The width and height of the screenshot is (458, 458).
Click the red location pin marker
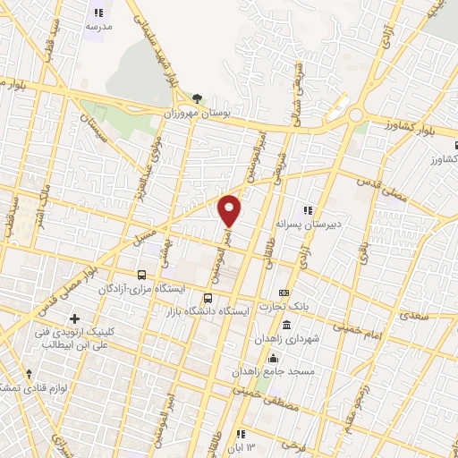point(230,209)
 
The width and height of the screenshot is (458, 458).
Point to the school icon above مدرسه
point(98,13)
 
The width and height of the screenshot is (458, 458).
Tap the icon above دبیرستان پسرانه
point(309,209)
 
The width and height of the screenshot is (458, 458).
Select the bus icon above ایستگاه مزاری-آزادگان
point(141,275)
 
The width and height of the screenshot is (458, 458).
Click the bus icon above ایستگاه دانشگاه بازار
point(208,298)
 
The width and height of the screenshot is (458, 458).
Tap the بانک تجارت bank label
point(284,307)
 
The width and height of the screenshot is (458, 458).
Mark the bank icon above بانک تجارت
point(284,293)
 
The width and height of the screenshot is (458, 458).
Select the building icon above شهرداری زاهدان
point(286,326)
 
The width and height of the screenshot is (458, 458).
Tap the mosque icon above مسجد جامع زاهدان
point(271,357)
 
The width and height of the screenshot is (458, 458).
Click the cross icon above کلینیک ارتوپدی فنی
point(74,318)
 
